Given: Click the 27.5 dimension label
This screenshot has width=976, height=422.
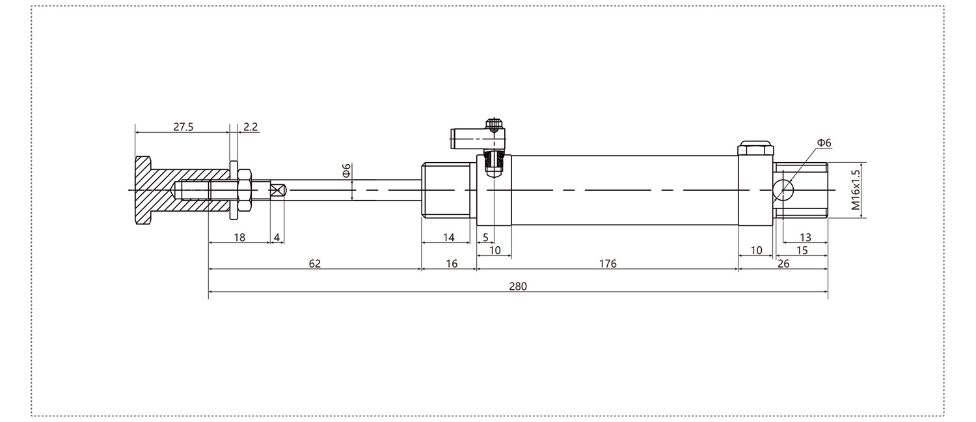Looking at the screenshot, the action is pyautogui.click(x=183, y=127).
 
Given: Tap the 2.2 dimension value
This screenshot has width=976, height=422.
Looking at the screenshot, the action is pyautogui.click(x=251, y=127).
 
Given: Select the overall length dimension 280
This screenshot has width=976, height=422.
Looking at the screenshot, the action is pyautogui.click(x=518, y=287).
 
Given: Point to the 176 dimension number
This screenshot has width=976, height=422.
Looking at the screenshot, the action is pyautogui.click(x=607, y=264).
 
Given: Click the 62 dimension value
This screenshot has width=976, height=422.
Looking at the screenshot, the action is pyautogui.click(x=314, y=264).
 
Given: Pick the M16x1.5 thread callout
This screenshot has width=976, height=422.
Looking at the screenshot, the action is pyautogui.click(x=856, y=190).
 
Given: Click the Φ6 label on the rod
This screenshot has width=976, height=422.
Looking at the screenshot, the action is pyautogui.click(x=346, y=171).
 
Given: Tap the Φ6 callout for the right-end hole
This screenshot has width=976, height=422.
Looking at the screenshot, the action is pyautogui.click(x=824, y=143).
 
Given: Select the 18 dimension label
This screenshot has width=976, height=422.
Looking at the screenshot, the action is pyautogui.click(x=239, y=238).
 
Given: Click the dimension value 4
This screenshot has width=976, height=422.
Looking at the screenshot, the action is pyautogui.click(x=277, y=238).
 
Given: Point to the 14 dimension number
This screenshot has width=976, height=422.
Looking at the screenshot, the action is pyautogui.click(x=449, y=238).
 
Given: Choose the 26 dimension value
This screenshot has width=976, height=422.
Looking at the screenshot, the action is pyautogui.click(x=783, y=264).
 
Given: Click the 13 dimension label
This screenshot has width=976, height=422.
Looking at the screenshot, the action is pyautogui.click(x=806, y=238).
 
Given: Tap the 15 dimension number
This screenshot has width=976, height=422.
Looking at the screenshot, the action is pyautogui.click(x=802, y=251).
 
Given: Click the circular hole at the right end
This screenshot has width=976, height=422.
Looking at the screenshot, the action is pyautogui.click(x=783, y=191).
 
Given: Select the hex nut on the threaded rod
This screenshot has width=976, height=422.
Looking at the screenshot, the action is pyautogui.click(x=245, y=191).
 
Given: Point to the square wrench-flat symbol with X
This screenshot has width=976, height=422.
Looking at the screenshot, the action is pyautogui.click(x=278, y=191).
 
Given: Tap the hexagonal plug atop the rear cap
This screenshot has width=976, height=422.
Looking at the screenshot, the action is pyautogui.click(x=755, y=148).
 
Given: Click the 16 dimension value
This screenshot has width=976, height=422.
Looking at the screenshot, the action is pyautogui.click(x=452, y=264).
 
